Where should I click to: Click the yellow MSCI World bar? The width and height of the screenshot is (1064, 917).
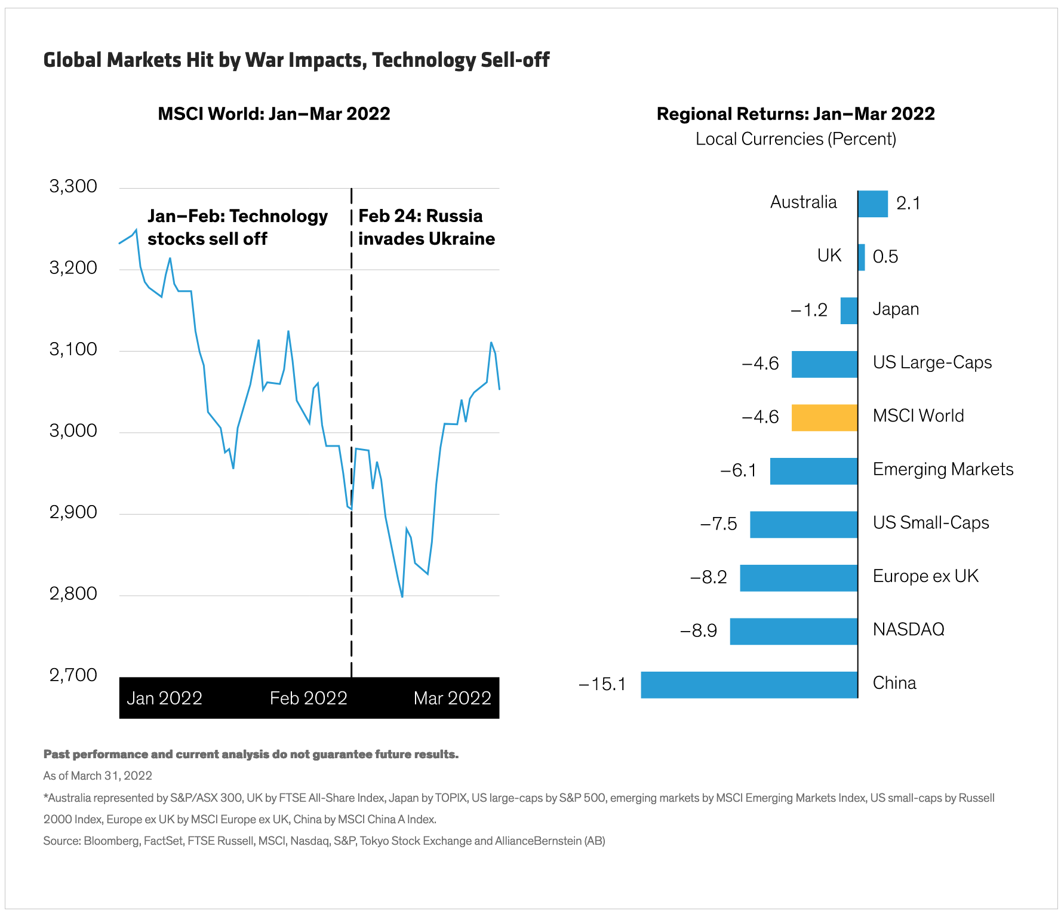click(x=824, y=418)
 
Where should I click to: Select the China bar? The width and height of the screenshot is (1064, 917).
click(x=749, y=685)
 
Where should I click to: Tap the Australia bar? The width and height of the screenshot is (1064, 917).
click(x=872, y=204)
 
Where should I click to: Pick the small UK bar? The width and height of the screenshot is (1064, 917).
click(x=861, y=257)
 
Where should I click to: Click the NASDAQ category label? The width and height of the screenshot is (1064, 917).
click(x=908, y=629)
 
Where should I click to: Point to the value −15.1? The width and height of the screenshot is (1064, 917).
click(x=602, y=684)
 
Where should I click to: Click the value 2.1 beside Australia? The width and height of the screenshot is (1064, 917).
click(x=908, y=204)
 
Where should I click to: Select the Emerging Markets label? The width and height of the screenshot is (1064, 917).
click(x=943, y=469)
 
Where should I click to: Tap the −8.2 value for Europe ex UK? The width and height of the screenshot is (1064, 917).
click(x=709, y=577)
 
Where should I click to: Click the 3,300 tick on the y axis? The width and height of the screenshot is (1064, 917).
click(x=73, y=186)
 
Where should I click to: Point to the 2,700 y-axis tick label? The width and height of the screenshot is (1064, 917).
click(x=73, y=675)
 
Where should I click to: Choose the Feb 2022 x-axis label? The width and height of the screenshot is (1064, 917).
click(x=308, y=698)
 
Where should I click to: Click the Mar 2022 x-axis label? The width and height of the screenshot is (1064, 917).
click(x=452, y=698)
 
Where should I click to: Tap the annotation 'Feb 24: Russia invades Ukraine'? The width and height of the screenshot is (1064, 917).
click(x=426, y=227)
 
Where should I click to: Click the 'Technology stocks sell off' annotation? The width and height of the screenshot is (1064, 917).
click(x=237, y=227)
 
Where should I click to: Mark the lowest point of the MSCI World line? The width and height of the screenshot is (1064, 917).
click(x=402, y=596)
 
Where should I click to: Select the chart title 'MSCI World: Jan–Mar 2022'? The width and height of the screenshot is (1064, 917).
click(x=273, y=114)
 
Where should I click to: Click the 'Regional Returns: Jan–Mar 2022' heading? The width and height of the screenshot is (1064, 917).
click(x=795, y=114)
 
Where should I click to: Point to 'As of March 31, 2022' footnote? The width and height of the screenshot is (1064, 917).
click(x=97, y=776)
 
